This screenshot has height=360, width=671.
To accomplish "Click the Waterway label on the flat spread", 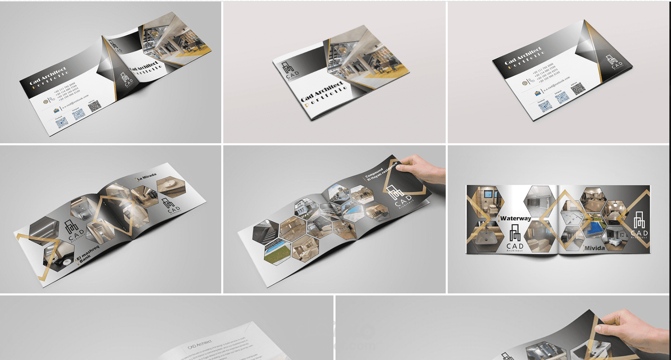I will pyautogui.click(x=516, y=218).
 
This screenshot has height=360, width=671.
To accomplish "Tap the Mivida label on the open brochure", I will pyautogui.click(x=594, y=248).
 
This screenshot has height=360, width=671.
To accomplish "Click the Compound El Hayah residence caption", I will pyautogui.click(x=380, y=172).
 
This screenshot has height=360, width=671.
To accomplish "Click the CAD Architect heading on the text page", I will pyautogui.click(x=199, y=344).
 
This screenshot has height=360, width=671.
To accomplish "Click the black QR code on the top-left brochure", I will pyautogui.click(x=95, y=106).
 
